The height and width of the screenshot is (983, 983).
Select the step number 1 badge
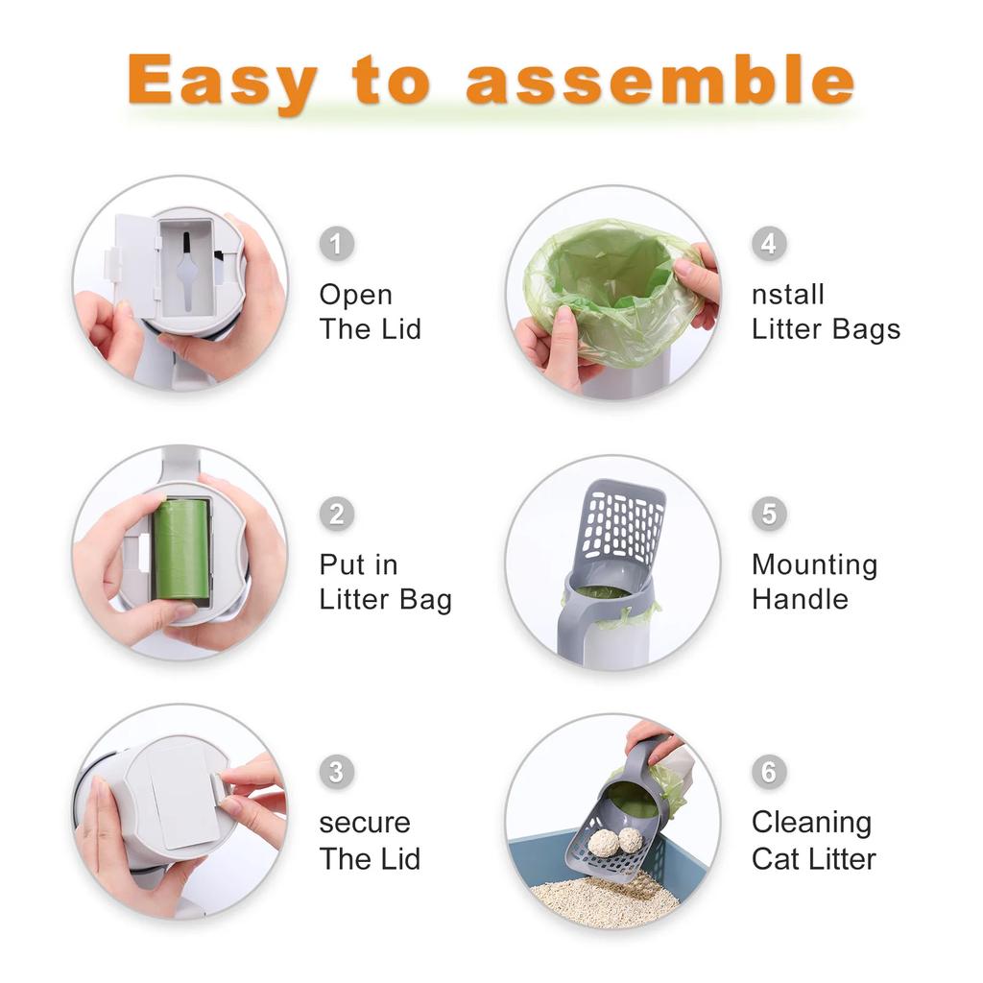[336, 244]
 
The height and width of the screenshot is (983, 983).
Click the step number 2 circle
[336, 514]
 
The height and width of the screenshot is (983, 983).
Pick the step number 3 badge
[336, 772]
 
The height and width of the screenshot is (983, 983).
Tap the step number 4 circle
[769, 244]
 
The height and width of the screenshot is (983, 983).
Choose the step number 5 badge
[769, 514]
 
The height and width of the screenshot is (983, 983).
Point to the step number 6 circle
[769, 772]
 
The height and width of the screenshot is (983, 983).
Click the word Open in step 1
[355, 295]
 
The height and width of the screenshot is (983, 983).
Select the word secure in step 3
[364, 823]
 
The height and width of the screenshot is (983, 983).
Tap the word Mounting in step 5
[814, 564]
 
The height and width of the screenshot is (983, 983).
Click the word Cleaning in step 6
[811, 823]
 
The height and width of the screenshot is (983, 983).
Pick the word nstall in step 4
[787, 295]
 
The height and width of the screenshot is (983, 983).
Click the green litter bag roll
[181, 549]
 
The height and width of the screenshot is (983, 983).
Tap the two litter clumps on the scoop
[615, 841]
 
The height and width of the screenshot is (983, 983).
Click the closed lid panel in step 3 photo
[183, 797]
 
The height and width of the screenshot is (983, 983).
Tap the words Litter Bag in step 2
[385, 600]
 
